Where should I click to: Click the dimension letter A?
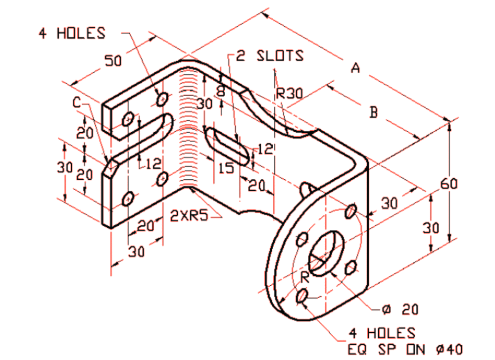355,68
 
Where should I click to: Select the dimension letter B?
374,112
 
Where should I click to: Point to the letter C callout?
76,103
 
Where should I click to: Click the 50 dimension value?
113,60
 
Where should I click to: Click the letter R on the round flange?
304,276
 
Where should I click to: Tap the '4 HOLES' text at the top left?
73,33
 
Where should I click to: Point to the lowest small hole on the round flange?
301,296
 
